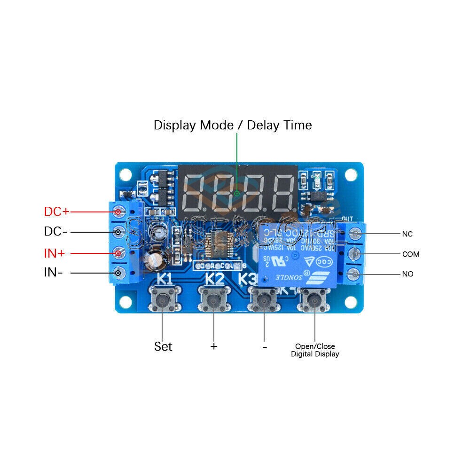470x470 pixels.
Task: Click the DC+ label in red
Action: [x=56, y=212]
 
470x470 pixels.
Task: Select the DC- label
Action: [x=56, y=232]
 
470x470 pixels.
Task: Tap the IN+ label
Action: [x=55, y=253]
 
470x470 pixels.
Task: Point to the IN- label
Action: [x=54, y=272]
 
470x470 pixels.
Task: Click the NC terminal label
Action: [x=407, y=234]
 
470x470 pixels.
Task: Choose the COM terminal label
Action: [x=410, y=254]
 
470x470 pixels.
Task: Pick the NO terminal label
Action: [x=407, y=274]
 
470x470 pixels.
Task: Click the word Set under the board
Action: [x=163, y=347]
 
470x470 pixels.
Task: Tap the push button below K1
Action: [x=163, y=299]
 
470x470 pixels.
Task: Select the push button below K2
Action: [x=214, y=299]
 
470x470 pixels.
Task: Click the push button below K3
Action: [x=264, y=299]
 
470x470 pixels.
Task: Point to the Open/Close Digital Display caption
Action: [x=315, y=350]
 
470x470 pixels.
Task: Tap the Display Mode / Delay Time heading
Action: [x=233, y=125]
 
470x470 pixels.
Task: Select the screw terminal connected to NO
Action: [x=356, y=274]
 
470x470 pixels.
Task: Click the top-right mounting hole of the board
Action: [x=351, y=174]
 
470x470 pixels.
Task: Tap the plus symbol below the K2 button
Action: [x=214, y=346]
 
